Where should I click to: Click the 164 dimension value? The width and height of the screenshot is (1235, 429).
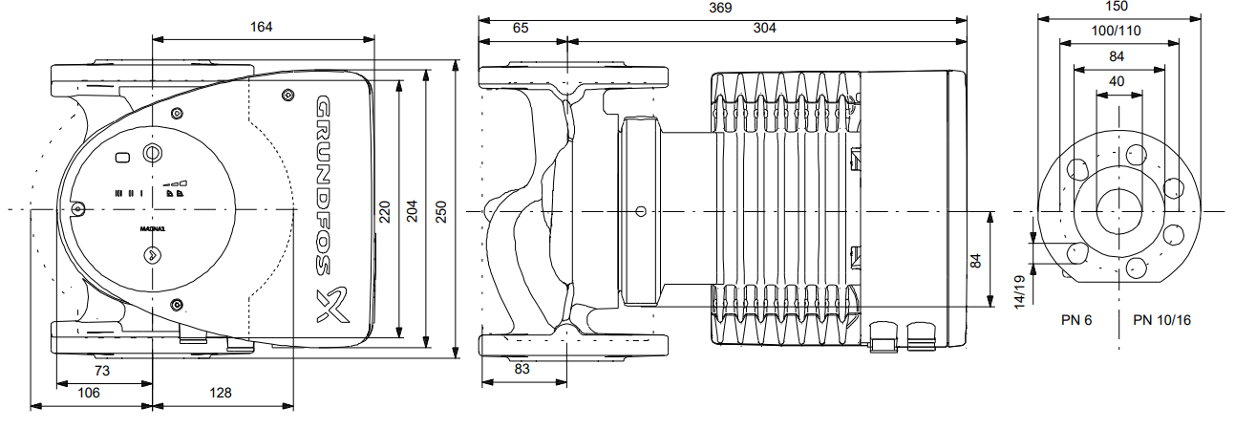pyautogui.click(x=262, y=27)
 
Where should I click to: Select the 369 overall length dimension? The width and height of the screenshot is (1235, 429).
pyautogui.click(x=720, y=8)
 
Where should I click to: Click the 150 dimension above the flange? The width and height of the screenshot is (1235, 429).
pyautogui.click(x=1117, y=8)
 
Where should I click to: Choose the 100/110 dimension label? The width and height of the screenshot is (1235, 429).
pyautogui.click(x=1117, y=31)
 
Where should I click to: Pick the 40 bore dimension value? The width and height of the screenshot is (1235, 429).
pyautogui.click(x=1117, y=81)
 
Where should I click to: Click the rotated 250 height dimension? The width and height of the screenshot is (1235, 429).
pyautogui.click(x=441, y=212)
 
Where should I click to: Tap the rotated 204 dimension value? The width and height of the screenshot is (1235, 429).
pyautogui.click(x=413, y=211)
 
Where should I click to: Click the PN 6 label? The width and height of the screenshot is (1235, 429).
pyautogui.click(x=1076, y=319)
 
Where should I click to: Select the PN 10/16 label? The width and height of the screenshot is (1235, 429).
pyautogui.click(x=1161, y=319)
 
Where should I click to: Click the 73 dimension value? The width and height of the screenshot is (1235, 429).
pyautogui.click(x=102, y=370)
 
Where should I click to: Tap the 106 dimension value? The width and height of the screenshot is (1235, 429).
pyautogui.click(x=89, y=392)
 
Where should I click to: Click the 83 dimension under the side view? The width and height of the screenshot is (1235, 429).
pyautogui.click(x=522, y=368)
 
